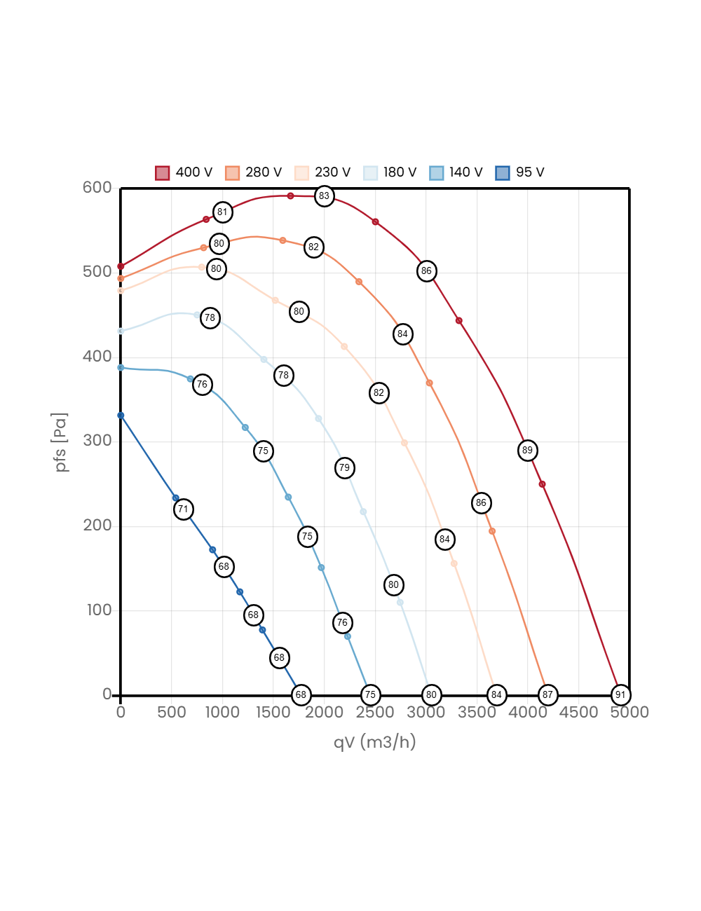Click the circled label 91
tap(620, 695)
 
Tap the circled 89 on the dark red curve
tap(527, 451)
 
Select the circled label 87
tap(547, 695)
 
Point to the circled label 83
tap(324, 196)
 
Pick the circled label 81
tap(222, 212)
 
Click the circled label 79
tap(344, 468)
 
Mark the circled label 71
tap(183, 509)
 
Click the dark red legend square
tap(163, 173)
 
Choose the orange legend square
tap(232, 173)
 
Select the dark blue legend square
tap(503, 173)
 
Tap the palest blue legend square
tap(371, 173)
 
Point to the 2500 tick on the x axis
tap(375, 713)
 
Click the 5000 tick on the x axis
tap(629, 713)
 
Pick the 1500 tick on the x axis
tap(273, 713)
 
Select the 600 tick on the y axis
tap(97, 187)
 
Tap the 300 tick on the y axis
tap(97, 440)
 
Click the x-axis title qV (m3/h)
tap(374, 742)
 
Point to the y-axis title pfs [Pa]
tap(62, 442)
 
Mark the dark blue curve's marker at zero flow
tap(121, 416)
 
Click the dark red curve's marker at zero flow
tap(121, 266)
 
